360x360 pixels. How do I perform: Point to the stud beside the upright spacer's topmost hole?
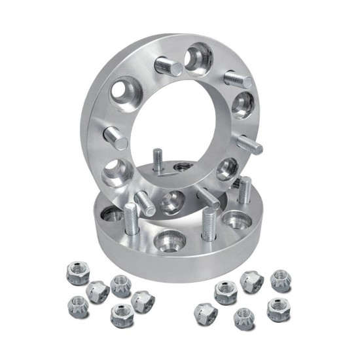pos(168,65)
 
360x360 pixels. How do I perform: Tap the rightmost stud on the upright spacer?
pos(250,144)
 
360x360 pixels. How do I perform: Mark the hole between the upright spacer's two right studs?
pos(243,104)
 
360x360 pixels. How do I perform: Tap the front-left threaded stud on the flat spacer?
pos(131,219)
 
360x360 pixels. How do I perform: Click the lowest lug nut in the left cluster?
pos(119,314)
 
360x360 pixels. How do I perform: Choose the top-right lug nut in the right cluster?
pos(281,281)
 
